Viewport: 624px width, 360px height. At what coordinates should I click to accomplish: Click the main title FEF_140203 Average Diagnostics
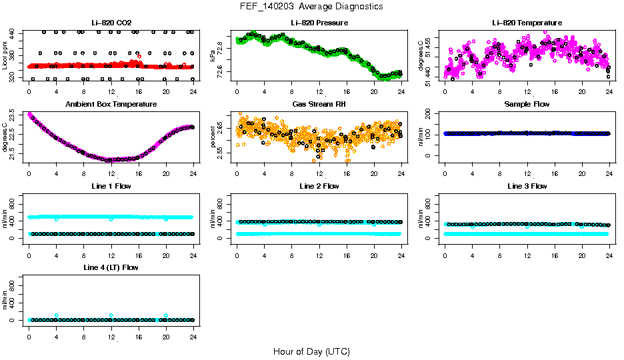(x=312, y=6)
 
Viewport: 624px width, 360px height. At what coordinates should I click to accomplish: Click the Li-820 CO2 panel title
(x=111, y=23)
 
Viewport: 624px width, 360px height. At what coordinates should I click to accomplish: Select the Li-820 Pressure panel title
(x=319, y=23)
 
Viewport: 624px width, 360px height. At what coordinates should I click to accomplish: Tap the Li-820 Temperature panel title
(x=527, y=23)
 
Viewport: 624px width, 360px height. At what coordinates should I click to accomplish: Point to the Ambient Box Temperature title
(x=111, y=105)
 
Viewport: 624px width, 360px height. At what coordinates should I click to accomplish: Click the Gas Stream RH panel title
(x=319, y=105)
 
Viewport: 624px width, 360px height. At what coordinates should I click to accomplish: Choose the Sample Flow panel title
(x=527, y=105)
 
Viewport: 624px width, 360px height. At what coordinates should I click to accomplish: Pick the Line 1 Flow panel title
(x=111, y=186)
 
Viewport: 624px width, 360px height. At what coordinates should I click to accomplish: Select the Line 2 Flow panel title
(x=319, y=186)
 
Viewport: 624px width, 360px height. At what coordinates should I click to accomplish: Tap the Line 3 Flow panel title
(x=527, y=186)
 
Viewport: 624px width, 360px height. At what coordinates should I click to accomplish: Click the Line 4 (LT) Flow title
(x=111, y=267)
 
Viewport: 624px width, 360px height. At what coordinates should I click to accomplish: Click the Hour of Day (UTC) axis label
(x=311, y=351)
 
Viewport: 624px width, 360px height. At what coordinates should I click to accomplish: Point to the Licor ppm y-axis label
(x=5, y=55)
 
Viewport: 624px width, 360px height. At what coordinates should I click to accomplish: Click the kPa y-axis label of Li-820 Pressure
(x=213, y=55)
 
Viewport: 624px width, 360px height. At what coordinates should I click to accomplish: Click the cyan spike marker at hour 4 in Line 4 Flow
(x=57, y=315)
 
